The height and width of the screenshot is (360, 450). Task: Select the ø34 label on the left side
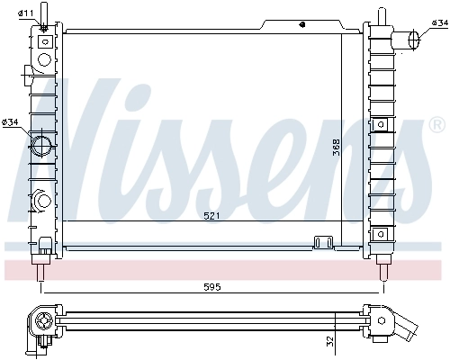pos(12,121)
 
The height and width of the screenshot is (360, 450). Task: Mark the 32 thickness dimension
pos(329,342)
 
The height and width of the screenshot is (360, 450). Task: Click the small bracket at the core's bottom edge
pos(321,241)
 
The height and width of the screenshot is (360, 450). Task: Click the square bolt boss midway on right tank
pos(382,122)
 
